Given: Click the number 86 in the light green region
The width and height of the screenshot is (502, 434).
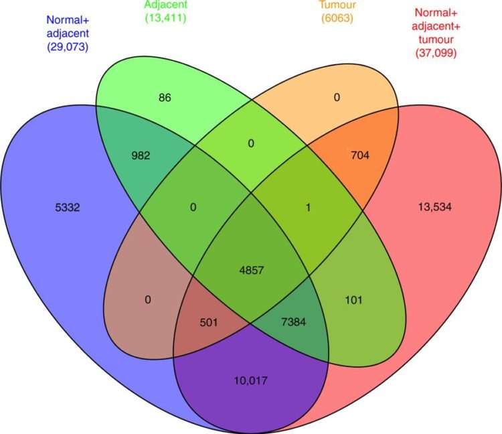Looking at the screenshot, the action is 165,97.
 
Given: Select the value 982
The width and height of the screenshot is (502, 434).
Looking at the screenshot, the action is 141,155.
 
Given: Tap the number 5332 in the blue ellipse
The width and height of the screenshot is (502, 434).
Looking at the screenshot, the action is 67,208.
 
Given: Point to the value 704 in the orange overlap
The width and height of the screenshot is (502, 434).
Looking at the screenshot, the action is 360,155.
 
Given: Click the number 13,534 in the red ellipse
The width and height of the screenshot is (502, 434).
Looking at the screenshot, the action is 435,207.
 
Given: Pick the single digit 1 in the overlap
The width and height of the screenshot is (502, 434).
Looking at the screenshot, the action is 308,208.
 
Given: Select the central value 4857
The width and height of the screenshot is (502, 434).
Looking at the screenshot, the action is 252,270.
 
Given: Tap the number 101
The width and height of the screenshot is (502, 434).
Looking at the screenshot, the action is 353,300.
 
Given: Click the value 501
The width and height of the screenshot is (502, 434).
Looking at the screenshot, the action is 209,322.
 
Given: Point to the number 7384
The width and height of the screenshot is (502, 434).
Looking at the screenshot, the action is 294,321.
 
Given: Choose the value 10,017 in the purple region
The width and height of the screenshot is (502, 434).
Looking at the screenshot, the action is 251,380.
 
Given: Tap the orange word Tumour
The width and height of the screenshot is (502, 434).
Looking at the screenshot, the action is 337,5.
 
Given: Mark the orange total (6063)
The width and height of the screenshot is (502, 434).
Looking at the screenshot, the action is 337,18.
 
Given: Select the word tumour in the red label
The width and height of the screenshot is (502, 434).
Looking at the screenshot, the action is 436,40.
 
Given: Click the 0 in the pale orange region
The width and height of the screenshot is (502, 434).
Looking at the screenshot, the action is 337,97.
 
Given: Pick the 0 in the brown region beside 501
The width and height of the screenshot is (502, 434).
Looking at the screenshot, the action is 148,300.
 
